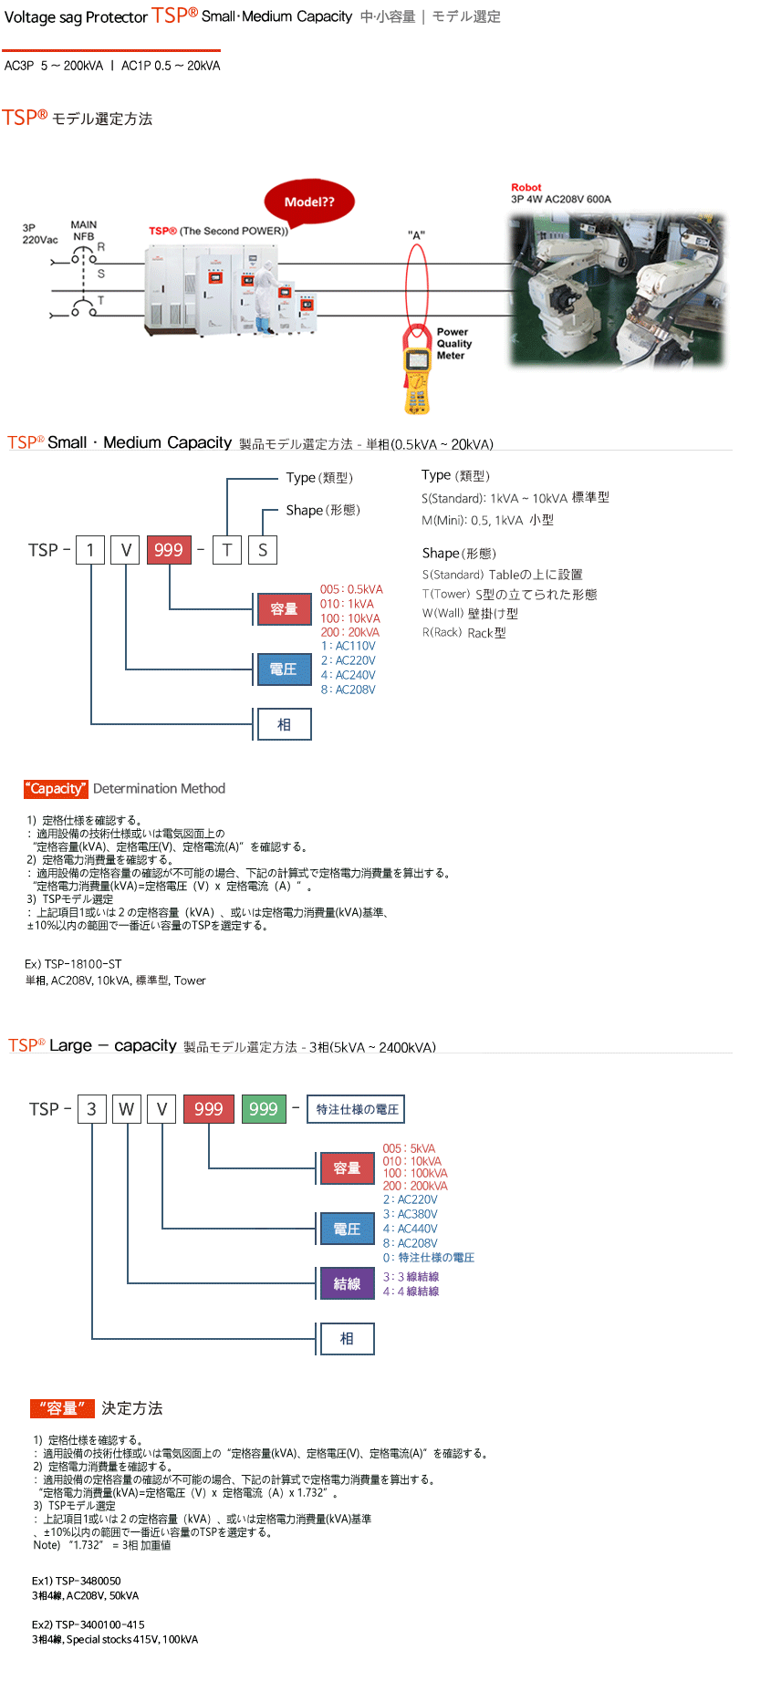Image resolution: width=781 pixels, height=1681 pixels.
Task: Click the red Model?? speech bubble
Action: tap(309, 202)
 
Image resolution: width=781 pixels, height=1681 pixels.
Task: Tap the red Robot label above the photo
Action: tap(526, 187)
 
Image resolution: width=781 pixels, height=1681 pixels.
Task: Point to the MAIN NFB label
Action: tap(83, 231)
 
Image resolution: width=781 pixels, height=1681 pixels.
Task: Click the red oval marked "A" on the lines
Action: tap(417, 283)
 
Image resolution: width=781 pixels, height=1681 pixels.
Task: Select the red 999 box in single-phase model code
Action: tap(169, 550)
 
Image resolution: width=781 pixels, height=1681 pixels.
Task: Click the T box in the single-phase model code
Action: tap(227, 550)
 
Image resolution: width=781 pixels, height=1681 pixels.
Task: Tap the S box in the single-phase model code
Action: tap(263, 550)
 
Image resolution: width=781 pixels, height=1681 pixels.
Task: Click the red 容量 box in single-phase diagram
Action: tap(284, 608)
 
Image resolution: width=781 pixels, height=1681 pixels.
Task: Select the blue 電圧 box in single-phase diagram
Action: tap(284, 669)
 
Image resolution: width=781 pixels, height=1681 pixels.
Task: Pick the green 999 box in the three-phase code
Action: tap(263, 1109)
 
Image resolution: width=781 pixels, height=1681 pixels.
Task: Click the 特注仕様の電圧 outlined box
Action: tap(357, 1109)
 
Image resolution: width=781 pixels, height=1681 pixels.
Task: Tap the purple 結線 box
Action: tap(347, 1283)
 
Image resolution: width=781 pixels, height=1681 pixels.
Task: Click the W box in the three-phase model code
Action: tap(127, 1109)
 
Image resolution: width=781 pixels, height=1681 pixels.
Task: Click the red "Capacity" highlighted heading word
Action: tap(56, 789)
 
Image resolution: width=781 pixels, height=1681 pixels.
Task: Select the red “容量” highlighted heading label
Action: tap(62, 1408)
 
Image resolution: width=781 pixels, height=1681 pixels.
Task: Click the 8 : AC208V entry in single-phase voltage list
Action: tap(349, 690)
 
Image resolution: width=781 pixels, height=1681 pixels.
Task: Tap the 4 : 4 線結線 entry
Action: tap(411, 1292)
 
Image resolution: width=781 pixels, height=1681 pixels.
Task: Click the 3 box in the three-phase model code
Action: tap(91, 1109)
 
